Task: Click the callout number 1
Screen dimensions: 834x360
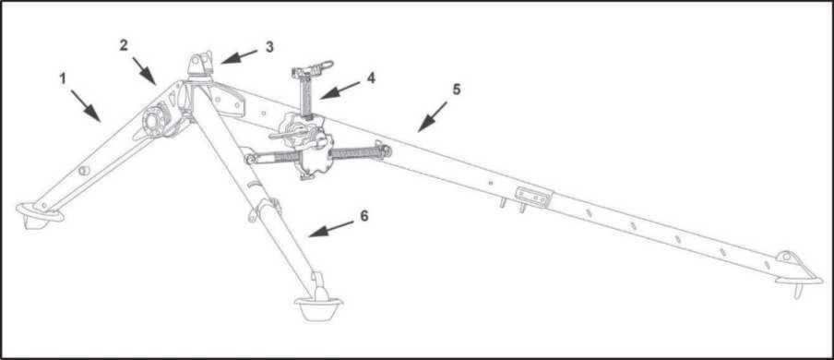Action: (x=63, y=78)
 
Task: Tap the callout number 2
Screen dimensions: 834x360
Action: (x=124, y=45)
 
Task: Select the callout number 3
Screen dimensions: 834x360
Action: (x=269, y=47)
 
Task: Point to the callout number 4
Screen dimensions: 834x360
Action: (x=371, y=78)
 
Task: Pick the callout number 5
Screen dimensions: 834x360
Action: (x=457, y=90)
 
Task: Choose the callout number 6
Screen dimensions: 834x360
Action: (x=363, y=216)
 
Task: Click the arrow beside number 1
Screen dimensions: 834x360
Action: (x=85, y=105)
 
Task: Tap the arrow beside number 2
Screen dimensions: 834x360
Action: (x=144, y=71)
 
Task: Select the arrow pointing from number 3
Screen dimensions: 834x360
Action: (x=239, y=57)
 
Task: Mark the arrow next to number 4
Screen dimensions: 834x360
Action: (x=340, y=90)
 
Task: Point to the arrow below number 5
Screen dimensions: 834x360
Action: (x=432, y=116)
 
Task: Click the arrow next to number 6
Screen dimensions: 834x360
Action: (x=330, y=229)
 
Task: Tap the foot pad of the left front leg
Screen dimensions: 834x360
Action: (x=39, y=214)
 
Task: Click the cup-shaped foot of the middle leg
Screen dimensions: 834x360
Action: (x=318, y=307)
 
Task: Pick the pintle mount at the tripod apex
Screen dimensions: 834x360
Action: (x=200, y=66)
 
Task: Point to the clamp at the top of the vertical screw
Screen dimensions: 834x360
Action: (x=312, y=70)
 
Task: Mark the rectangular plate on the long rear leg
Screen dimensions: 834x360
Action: (x=532, y=198)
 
